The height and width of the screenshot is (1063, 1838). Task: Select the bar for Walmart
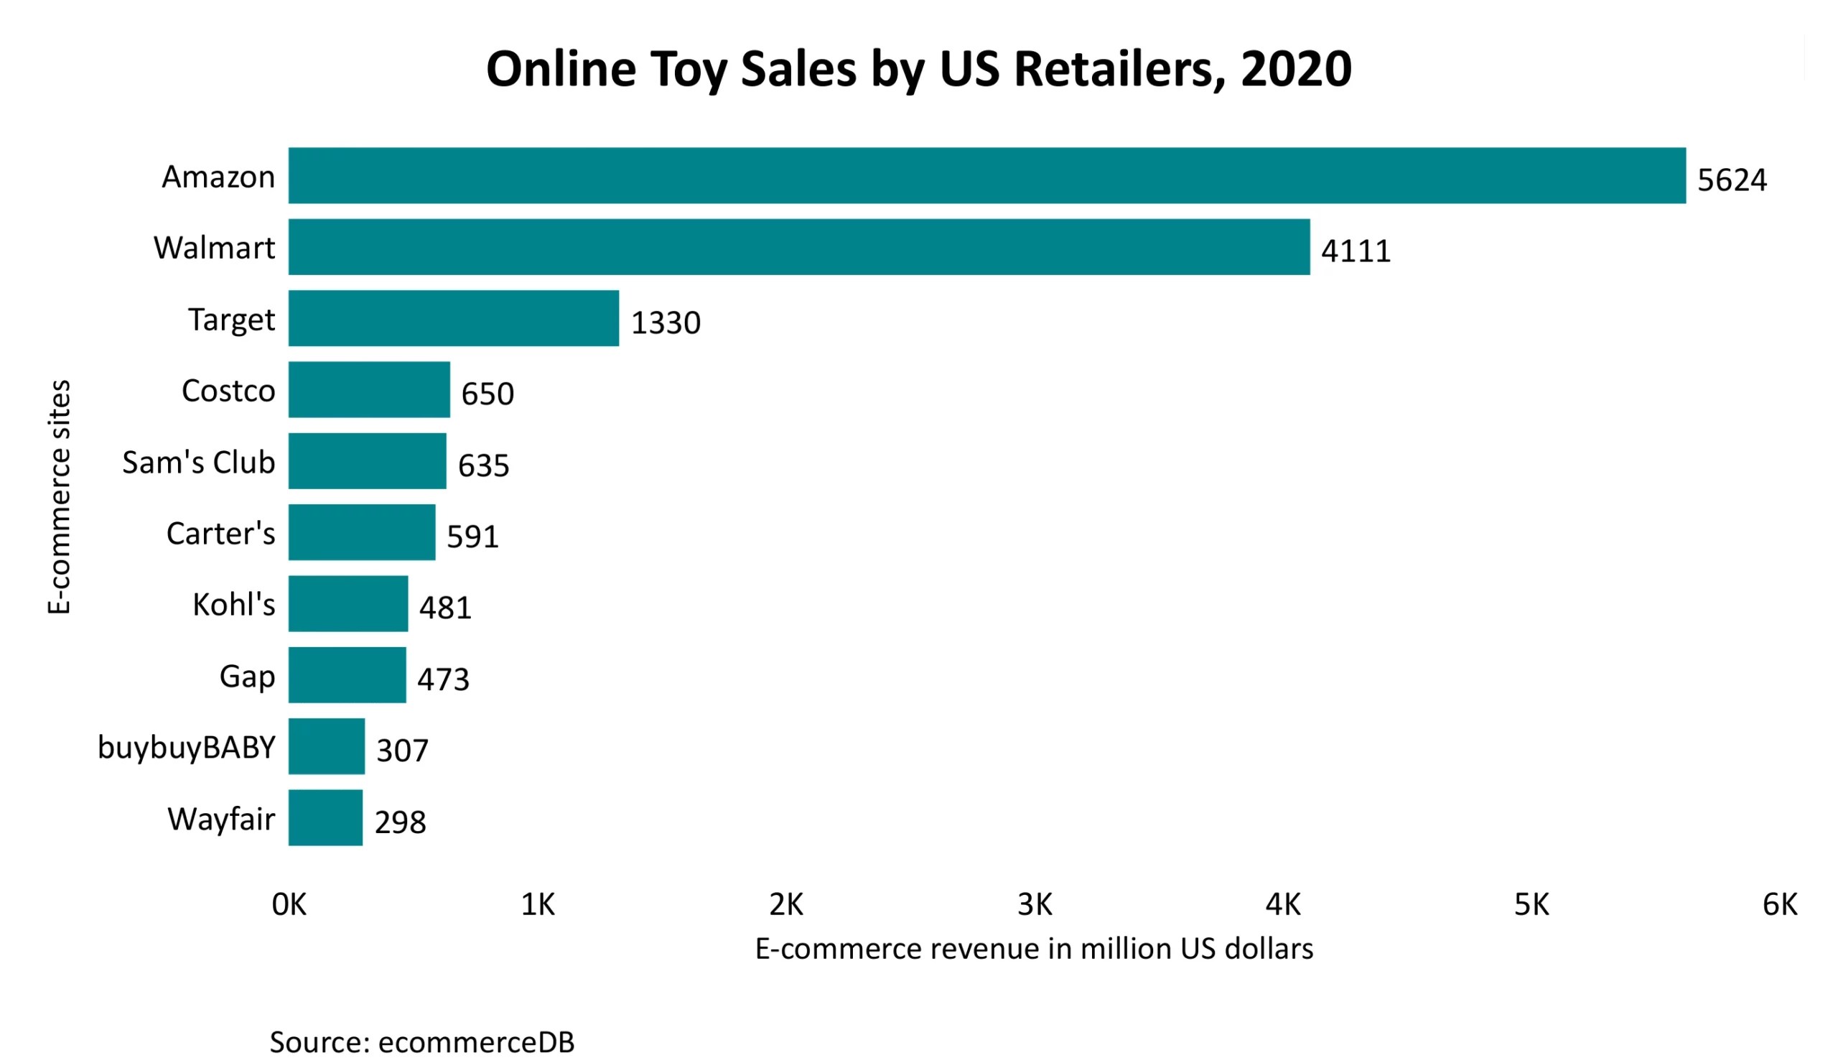pos(798,246)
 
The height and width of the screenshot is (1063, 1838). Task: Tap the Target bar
pos(453,318)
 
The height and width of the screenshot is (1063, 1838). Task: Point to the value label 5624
pos(1731,180)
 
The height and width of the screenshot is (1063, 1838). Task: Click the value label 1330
pos(665,323)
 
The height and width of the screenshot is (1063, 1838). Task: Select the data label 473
pos(443,679)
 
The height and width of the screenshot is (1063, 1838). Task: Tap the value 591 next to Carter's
pos(472,537)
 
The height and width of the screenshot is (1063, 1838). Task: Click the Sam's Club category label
pos(198,463)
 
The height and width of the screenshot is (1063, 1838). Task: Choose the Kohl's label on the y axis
pos(233,605)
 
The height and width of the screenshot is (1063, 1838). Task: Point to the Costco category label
pos(228,391)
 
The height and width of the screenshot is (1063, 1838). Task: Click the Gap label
pos(247,677)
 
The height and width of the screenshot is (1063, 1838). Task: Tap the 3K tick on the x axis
pos(1035,905)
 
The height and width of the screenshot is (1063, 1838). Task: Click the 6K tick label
pos(1779,905)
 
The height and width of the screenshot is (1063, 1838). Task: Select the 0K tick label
pos(289,905)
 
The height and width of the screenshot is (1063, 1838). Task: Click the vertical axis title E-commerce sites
pos(59,496)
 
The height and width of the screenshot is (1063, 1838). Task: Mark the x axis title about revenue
pos(1033,949)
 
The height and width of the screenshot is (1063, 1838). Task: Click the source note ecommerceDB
pos(421,1042)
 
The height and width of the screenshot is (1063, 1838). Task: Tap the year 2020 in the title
pos(1295,69)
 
